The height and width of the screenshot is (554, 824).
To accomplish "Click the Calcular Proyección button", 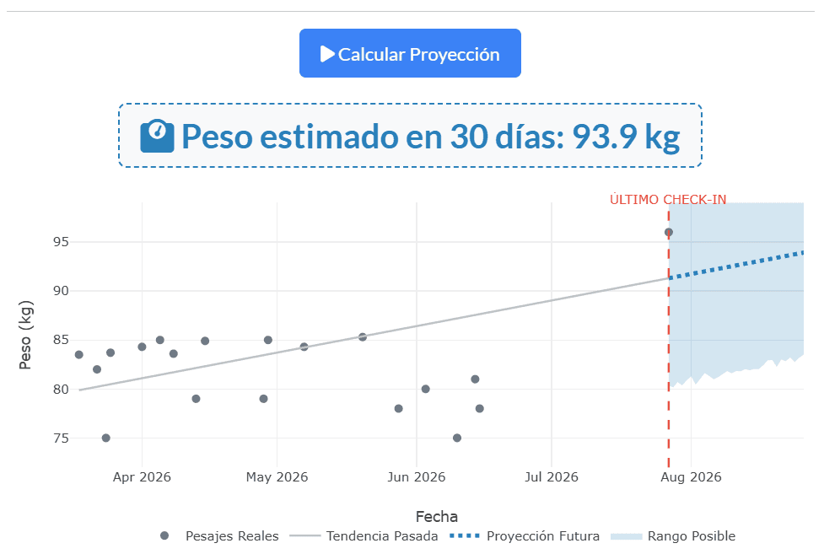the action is pos(410,53).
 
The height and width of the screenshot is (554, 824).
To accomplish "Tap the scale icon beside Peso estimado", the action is pos(157,136).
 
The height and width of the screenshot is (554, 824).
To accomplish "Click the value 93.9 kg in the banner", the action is pos(626,137).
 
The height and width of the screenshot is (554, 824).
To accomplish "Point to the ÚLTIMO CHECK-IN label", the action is pos(668,200).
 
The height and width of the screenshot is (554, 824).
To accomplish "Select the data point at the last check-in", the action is pos(669,233).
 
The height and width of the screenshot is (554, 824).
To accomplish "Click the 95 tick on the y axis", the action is pos(61,242).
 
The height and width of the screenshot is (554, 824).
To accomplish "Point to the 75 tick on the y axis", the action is pos(61,438).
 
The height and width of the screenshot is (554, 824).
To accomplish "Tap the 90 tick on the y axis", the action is pos(61,291).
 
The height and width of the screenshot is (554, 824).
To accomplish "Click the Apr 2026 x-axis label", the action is pos(142,476).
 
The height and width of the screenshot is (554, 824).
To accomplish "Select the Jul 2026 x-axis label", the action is pos(552,476).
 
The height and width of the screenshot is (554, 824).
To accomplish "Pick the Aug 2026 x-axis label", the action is pos(691,476).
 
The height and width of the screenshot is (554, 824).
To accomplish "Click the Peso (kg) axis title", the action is pos(25,335).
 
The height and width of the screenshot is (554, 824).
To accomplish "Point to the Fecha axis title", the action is pos(437,517).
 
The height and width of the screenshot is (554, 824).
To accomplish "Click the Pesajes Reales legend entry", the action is pos(219,536).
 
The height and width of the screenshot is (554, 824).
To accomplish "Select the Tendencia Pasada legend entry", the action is pos(371,536).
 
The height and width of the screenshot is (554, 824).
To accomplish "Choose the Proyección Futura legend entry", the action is pos(525,536).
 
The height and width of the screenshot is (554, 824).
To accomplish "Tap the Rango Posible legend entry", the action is pos(673,536).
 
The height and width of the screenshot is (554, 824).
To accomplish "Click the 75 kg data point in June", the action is pos(457,438).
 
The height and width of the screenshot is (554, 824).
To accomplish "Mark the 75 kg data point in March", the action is pos(105,438).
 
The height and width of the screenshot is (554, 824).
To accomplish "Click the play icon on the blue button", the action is pos(327,54).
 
